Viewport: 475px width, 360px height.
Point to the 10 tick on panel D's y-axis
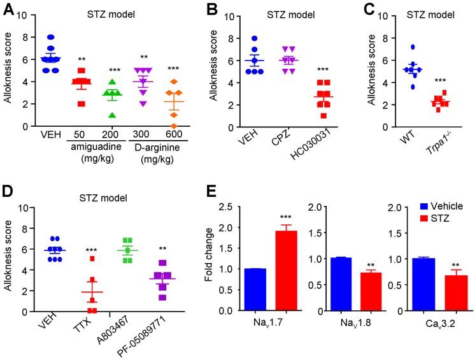coord(21,208)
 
